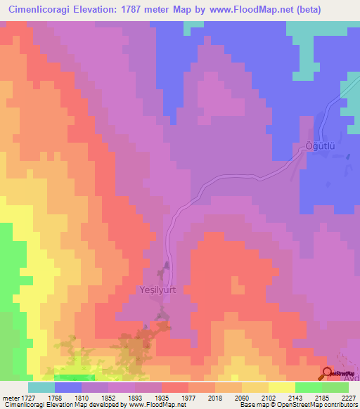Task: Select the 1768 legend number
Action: [x=54, y=398]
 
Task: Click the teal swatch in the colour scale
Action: [x=41, y=387]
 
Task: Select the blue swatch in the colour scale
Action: [x=68, y=387]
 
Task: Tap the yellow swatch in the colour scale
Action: [x=281, y=387]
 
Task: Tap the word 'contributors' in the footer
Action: [x=339, y=405]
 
